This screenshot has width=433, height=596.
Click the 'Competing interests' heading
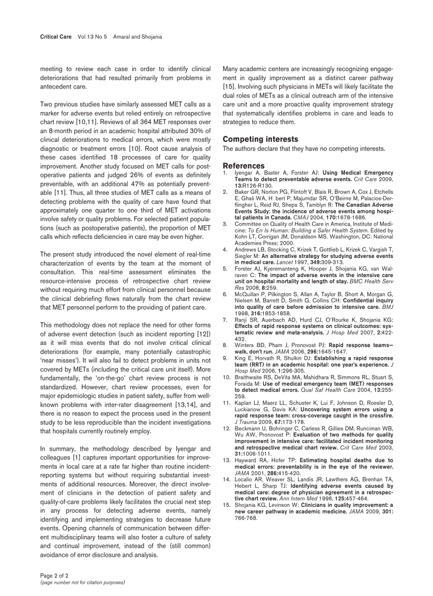(256, 139)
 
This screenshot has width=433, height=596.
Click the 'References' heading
(244, 166)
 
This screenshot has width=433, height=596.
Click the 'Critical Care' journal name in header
(56, 37)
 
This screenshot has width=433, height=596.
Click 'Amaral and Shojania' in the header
(138, 37)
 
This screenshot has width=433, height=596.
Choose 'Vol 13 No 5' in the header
(92, 37)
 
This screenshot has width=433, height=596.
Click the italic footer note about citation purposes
(82, 582)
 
